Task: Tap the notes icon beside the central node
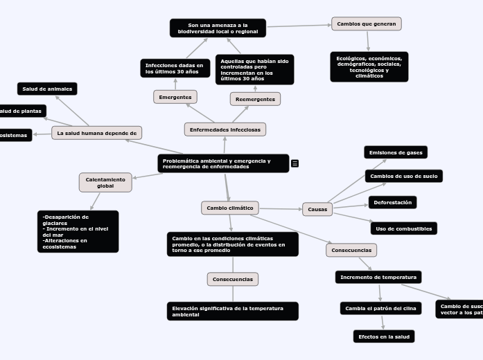pos(295,163)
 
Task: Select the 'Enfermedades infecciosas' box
pos(225,129)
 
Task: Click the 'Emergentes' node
pos(175,97)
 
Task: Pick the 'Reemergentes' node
pos(255,99)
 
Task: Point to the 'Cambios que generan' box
pos(366,24)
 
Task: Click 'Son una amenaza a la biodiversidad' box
pos(218,28)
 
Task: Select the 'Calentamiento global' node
pos(105,182)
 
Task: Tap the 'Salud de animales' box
pos(47,89)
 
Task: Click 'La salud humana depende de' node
pos(96,132)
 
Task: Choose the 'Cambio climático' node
pos(230,208)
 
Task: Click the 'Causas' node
pos(317,209)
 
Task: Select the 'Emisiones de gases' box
pos(396,152)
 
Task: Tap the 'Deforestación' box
pos(392,202)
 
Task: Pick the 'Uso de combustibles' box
pos(403,228)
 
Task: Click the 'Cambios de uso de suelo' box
pos(403,176)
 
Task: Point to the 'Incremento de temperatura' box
pos(378,277)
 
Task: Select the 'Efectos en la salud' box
pos(383,336)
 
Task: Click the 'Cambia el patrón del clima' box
pos(380,308)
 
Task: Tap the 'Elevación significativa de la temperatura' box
pos(233,311)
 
